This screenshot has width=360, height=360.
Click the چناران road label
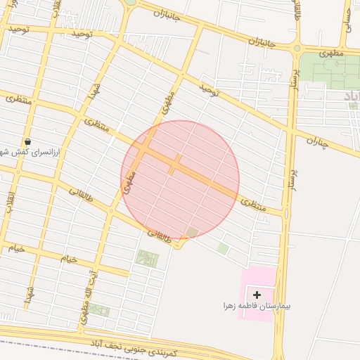click(317, 143)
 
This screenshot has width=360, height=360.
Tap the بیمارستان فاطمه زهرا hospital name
click(257, 307)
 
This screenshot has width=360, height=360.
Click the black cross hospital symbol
click(257, 295)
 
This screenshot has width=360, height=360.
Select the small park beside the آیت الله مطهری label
click(98, 310)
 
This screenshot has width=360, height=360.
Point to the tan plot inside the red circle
click(192, 232)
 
